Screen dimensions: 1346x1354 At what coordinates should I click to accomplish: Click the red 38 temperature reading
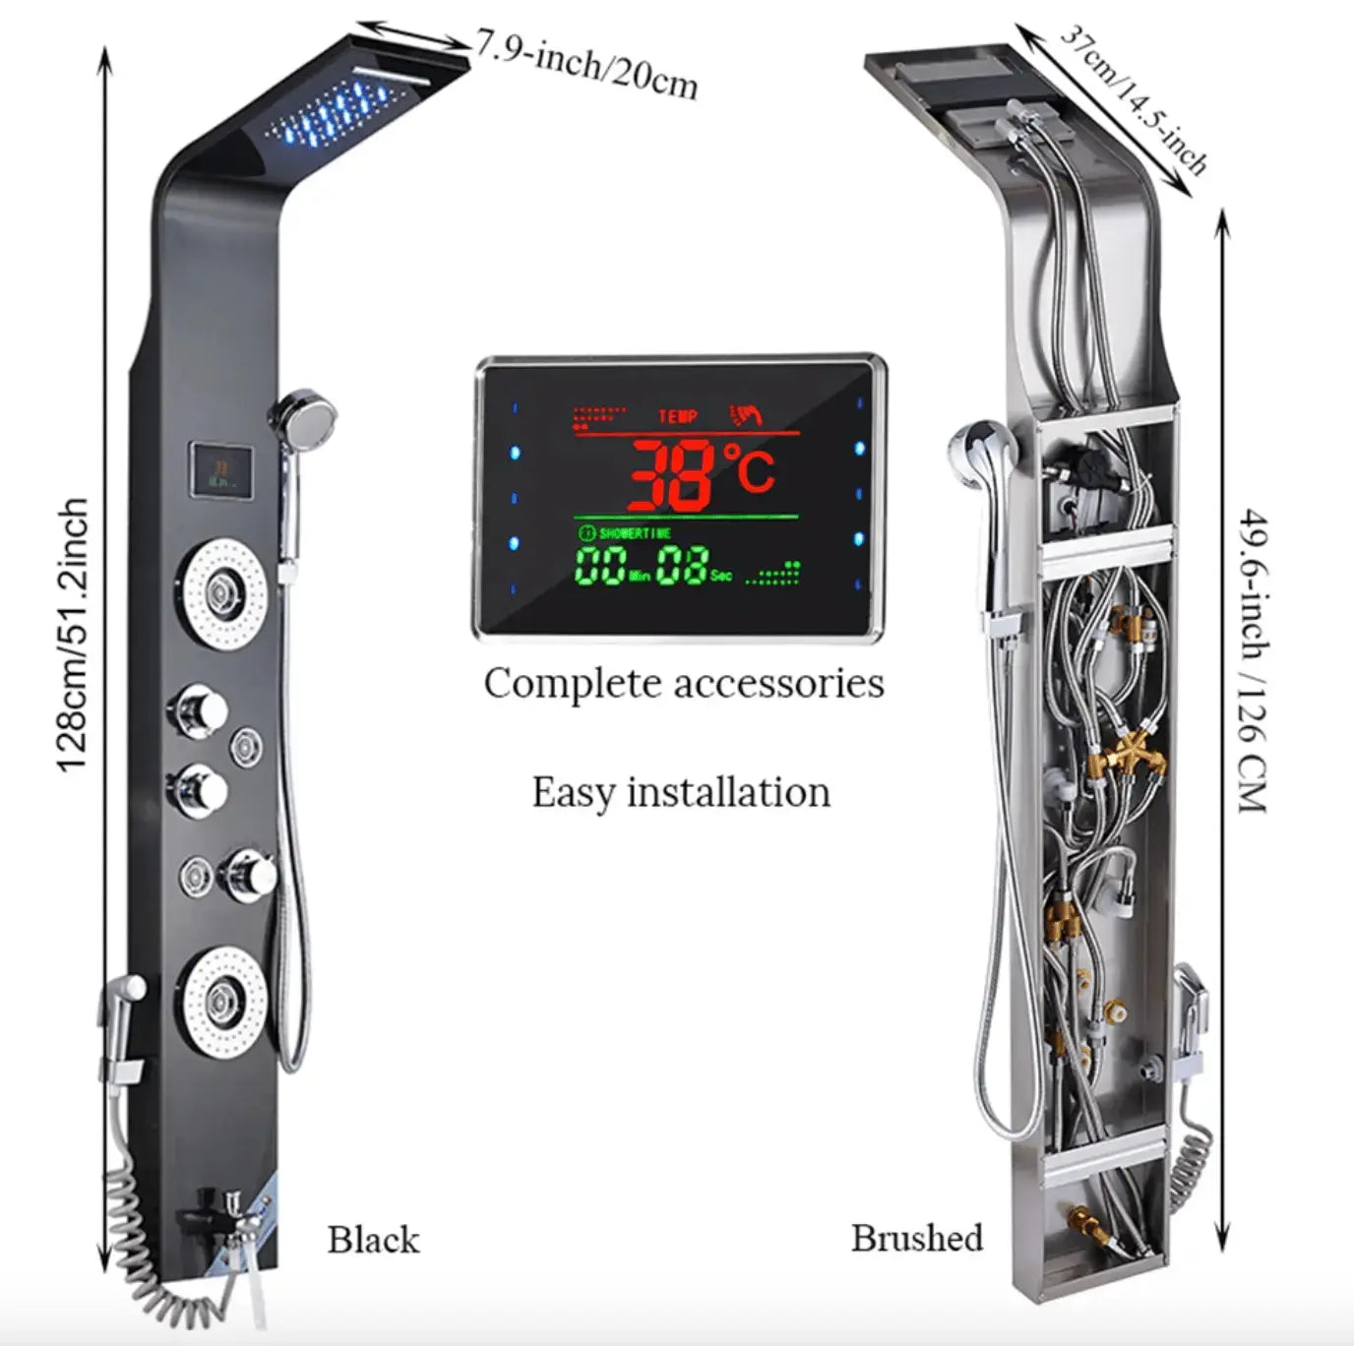click(672, 475)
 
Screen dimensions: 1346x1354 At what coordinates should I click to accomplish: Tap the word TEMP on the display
click(678, 416)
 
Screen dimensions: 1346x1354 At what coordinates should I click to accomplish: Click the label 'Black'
click(373, 1240)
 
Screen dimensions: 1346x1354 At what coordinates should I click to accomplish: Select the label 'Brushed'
click(916, 1238)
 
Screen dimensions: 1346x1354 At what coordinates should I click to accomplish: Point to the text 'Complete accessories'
click(683, 684)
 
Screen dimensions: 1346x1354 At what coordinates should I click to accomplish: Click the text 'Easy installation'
click(681, 793)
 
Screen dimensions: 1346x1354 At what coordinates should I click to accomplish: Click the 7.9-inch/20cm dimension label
click(587, 64)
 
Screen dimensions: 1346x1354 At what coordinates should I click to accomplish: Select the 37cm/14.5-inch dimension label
click(1132, 98)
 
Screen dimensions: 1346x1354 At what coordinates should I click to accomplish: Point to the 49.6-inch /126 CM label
click(1251, 659)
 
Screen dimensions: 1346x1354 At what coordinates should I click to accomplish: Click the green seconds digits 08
click(681, 567)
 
